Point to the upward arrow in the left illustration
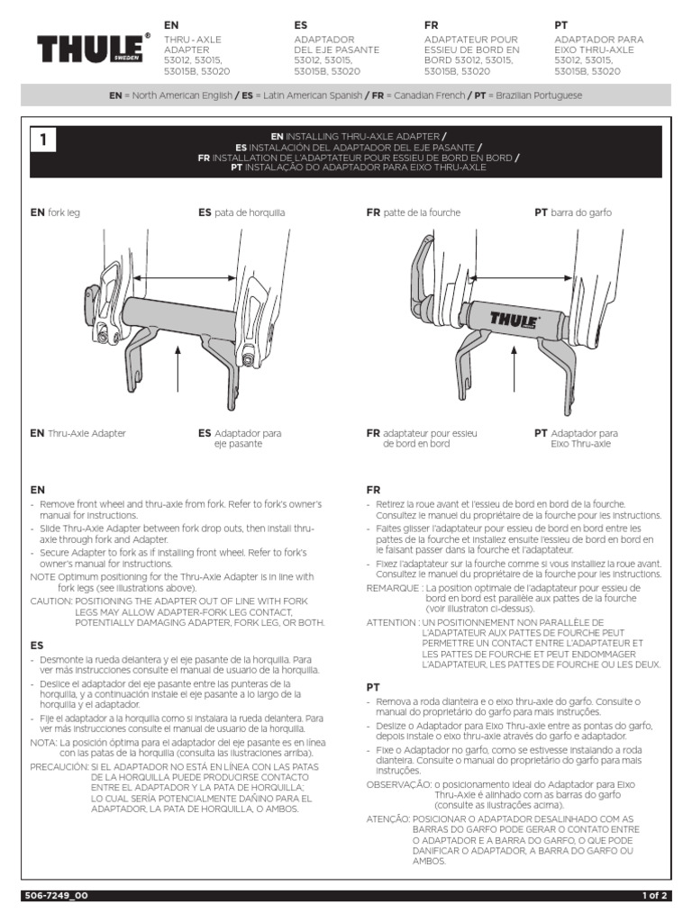(179, 378)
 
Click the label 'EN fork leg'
(55, 212)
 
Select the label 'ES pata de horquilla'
(241, 212)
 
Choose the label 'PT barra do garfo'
(573, 212)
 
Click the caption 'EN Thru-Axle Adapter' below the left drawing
(77, 433)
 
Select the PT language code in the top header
(561, 25)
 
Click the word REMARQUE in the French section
(393, 587)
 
